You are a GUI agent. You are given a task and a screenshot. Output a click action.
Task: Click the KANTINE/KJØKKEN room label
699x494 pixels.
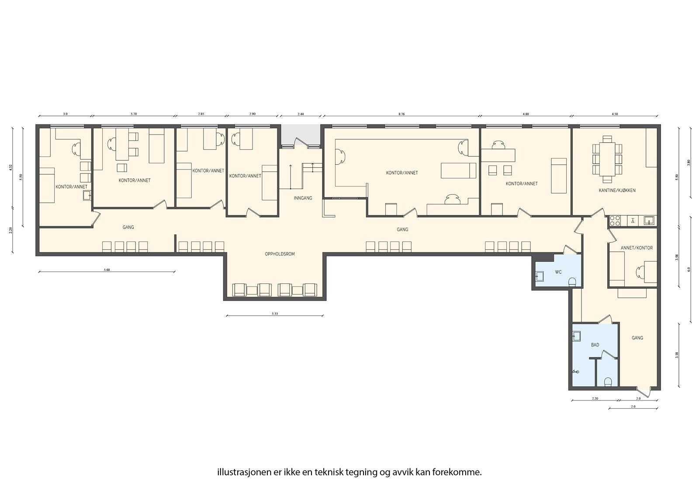(x=617, y=190)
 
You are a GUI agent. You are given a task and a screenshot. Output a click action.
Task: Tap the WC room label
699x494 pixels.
(x=558, y=272)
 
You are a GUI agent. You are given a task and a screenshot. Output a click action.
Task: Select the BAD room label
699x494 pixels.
(x=595, y=345)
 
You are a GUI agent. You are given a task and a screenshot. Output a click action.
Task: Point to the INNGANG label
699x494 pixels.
(x=303, y=198)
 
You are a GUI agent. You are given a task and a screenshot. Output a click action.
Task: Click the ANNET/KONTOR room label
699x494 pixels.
(x=637, y=248)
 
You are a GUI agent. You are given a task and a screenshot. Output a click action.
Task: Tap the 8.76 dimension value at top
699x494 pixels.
(x=401, y=114)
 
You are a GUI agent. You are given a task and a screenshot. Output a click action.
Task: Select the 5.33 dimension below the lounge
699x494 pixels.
(x=274, y=314)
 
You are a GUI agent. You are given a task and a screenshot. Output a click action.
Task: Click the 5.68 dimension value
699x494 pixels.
(x=107, y=270)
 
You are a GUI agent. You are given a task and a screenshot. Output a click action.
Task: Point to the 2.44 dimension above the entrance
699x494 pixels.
(x=301, y=114)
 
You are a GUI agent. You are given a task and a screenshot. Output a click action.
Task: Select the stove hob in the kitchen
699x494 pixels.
(x=615, y=221)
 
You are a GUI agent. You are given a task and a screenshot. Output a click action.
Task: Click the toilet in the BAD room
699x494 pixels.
(x=607, y=383)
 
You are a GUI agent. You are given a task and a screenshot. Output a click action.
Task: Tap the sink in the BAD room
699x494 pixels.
(x=576, y=336)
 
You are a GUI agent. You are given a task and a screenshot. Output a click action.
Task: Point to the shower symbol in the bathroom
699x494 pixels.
(x=577, y=372)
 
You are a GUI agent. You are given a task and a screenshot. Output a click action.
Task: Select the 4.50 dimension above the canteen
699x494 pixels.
(x=615, y=114)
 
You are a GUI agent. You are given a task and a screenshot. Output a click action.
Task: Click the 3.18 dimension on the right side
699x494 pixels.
(x=677, y=355)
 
